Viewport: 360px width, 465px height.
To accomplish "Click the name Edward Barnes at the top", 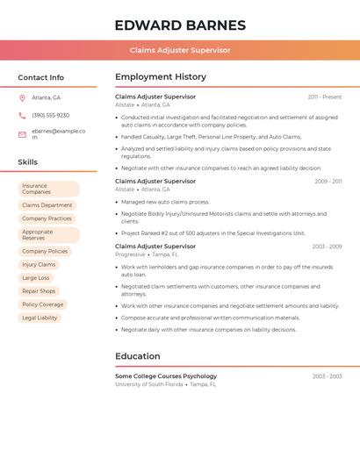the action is click(180, 25).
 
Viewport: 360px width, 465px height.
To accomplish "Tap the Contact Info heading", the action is click(40, 77).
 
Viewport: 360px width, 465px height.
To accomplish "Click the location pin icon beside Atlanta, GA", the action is click(22, 97).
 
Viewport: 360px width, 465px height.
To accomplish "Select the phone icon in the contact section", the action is click(22, 115).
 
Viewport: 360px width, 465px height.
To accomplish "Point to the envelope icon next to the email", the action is click(22, 133).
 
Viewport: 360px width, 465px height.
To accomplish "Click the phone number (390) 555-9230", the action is click(50, 115).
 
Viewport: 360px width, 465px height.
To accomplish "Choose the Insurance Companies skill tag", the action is click(48, 189).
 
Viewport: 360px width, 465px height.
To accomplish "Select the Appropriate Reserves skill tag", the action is click(48, 235).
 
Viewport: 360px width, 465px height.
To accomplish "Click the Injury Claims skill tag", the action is click(39, 264).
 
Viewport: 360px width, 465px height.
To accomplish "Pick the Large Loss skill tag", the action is click(36, 277).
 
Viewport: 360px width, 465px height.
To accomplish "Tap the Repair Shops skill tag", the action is click(39, 291).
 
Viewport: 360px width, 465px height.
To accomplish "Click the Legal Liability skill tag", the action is click(40, 318).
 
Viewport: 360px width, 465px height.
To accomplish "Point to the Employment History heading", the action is click(161, 77).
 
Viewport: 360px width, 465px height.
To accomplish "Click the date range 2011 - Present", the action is click(325, 97).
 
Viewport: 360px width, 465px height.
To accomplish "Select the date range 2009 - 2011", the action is click(328, 182).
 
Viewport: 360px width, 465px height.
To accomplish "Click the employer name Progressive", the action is click(130, 254).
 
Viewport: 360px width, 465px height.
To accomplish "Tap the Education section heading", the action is click(138, 356).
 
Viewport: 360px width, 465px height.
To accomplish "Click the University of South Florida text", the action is click(149, 384).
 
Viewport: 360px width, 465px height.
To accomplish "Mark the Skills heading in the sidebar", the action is click(28, 162).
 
